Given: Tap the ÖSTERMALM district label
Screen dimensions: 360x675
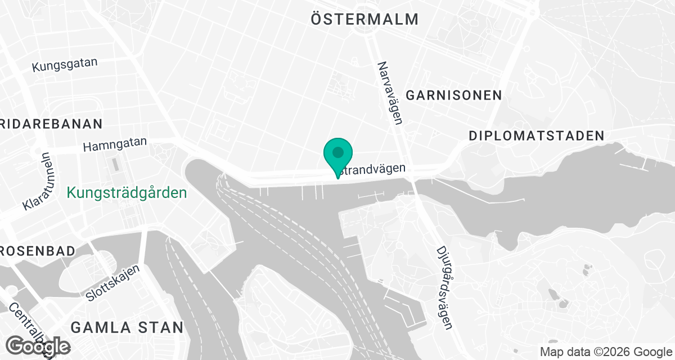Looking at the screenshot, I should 364,19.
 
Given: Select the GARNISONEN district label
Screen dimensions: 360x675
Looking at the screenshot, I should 454,95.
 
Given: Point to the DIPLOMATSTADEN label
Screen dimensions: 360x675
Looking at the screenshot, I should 536,136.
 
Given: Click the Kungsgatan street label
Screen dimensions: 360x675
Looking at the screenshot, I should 65,65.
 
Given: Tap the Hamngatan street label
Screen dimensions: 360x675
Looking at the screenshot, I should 115,145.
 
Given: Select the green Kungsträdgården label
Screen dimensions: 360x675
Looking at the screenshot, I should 127,193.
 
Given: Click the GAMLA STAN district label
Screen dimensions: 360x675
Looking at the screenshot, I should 127,327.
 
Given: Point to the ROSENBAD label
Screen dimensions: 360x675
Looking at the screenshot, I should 37,251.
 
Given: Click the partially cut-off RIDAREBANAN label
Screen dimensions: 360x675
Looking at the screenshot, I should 52,124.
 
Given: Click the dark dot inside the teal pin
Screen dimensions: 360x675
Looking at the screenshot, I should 338,152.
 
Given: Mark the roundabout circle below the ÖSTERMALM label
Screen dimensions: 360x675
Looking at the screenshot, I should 371,36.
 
